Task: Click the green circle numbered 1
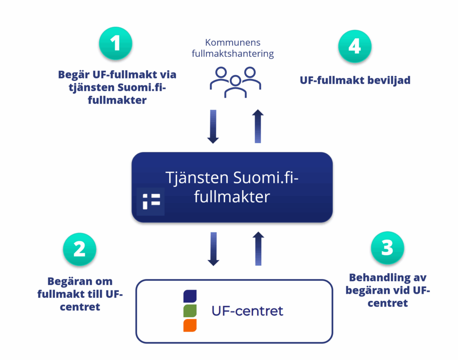(115, 44)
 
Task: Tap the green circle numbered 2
(80, 249)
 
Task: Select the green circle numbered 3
(387, 248)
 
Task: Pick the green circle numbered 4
(355, 46)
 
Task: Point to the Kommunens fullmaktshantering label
(233, 48)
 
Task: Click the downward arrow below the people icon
(213, 127)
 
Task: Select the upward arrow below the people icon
(258, 127)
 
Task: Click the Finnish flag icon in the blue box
(151, 202)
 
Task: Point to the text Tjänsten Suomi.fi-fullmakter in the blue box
(232, 187)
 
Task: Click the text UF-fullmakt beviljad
(355, 80)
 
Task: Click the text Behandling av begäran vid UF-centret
(388, 290)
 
